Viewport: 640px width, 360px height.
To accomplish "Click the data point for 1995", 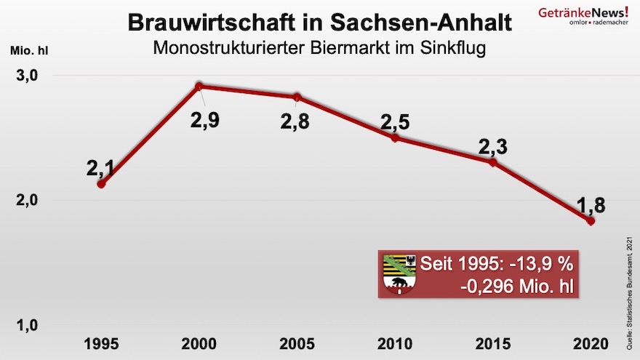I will coord(101,184).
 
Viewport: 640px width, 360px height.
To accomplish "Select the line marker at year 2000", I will coord(199,87).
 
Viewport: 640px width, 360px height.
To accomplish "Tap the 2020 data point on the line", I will coord(591,221).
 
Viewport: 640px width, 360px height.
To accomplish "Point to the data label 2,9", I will coord(204,120).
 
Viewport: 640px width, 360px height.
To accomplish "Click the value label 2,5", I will coord(396,121).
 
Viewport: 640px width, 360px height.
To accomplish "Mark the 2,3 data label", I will coord(492,146).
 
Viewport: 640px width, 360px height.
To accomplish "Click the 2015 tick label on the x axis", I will coord(492,341).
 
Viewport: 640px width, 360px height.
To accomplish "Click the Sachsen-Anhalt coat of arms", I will coord(399,273).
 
